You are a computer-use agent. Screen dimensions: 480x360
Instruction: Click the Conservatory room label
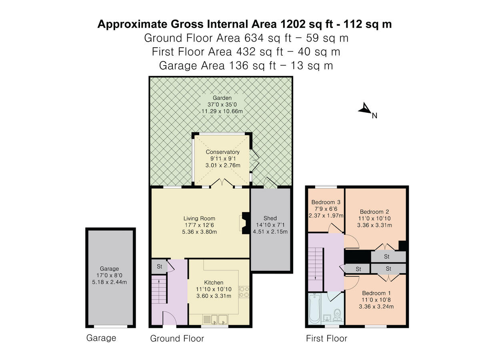tap(223, 152)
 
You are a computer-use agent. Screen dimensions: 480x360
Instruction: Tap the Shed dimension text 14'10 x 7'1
tap(270, 225)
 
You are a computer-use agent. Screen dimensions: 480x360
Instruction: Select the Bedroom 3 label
tap(326, 202)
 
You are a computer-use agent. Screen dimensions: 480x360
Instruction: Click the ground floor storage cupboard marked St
tap(159, 266)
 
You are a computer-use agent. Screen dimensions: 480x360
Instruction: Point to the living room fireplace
tap(245, 223)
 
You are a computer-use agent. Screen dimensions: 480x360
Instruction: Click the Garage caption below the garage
tap(101, 338)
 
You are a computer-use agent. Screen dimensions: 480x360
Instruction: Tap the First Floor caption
tap(326, 338)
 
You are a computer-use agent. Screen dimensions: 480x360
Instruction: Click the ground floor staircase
tap(159, 289)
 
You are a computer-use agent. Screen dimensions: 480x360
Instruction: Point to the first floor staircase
tap(316, 269)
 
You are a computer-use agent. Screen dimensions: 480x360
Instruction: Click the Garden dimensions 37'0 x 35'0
tap(222, 104)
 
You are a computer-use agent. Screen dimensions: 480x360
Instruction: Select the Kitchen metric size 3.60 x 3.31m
tap(214, 296)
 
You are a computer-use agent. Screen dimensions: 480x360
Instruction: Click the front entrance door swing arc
tap(170, 318)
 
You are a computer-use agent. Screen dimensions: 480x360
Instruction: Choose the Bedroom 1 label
tap(376, 293)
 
